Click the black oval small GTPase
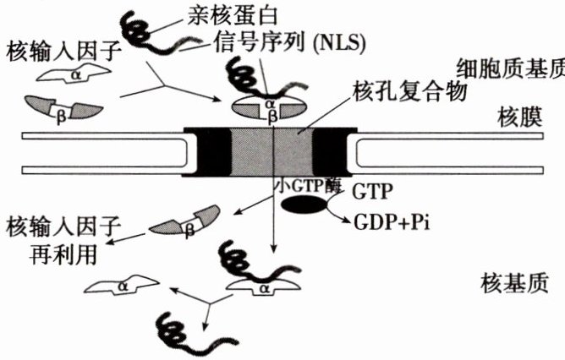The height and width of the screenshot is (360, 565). (x=305, y=205)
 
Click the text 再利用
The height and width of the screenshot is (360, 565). (x=56, y=253)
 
